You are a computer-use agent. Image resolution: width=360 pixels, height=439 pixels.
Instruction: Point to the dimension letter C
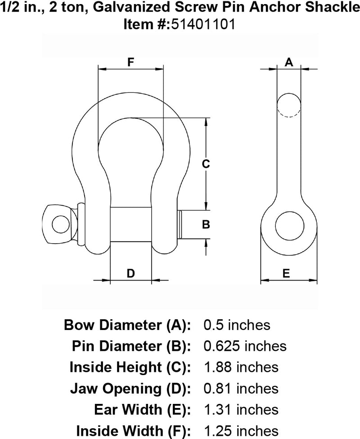pos(205,164)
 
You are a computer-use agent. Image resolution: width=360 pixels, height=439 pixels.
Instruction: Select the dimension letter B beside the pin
pos(205,224)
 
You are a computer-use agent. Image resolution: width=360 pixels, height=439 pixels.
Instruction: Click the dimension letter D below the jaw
pos(130,273)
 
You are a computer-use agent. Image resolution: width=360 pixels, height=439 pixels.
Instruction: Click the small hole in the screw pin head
pos(58,224)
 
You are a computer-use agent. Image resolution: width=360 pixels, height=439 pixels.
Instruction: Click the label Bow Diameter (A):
pos(128,325)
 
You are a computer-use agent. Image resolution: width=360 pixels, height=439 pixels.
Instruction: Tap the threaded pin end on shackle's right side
pos(180,225)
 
